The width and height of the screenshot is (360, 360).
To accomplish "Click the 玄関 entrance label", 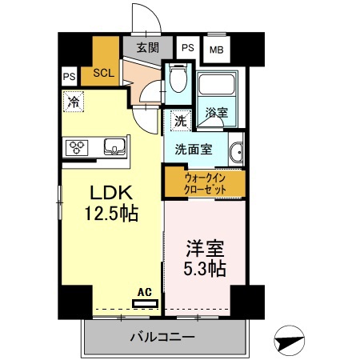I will (147, 47).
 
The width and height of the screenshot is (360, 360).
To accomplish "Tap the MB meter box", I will (216, 50).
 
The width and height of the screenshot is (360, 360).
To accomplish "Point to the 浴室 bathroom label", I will (216, 114).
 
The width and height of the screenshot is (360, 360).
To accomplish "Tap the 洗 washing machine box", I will (180, 122).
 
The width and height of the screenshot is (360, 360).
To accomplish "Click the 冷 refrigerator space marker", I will (73, 102).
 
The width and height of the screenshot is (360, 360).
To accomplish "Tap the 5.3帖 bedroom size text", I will (203, 268).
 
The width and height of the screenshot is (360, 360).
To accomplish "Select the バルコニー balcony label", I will (162, 338).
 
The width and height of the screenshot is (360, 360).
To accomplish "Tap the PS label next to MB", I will (188, 48).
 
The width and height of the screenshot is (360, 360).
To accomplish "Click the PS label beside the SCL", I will (69, 78).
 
